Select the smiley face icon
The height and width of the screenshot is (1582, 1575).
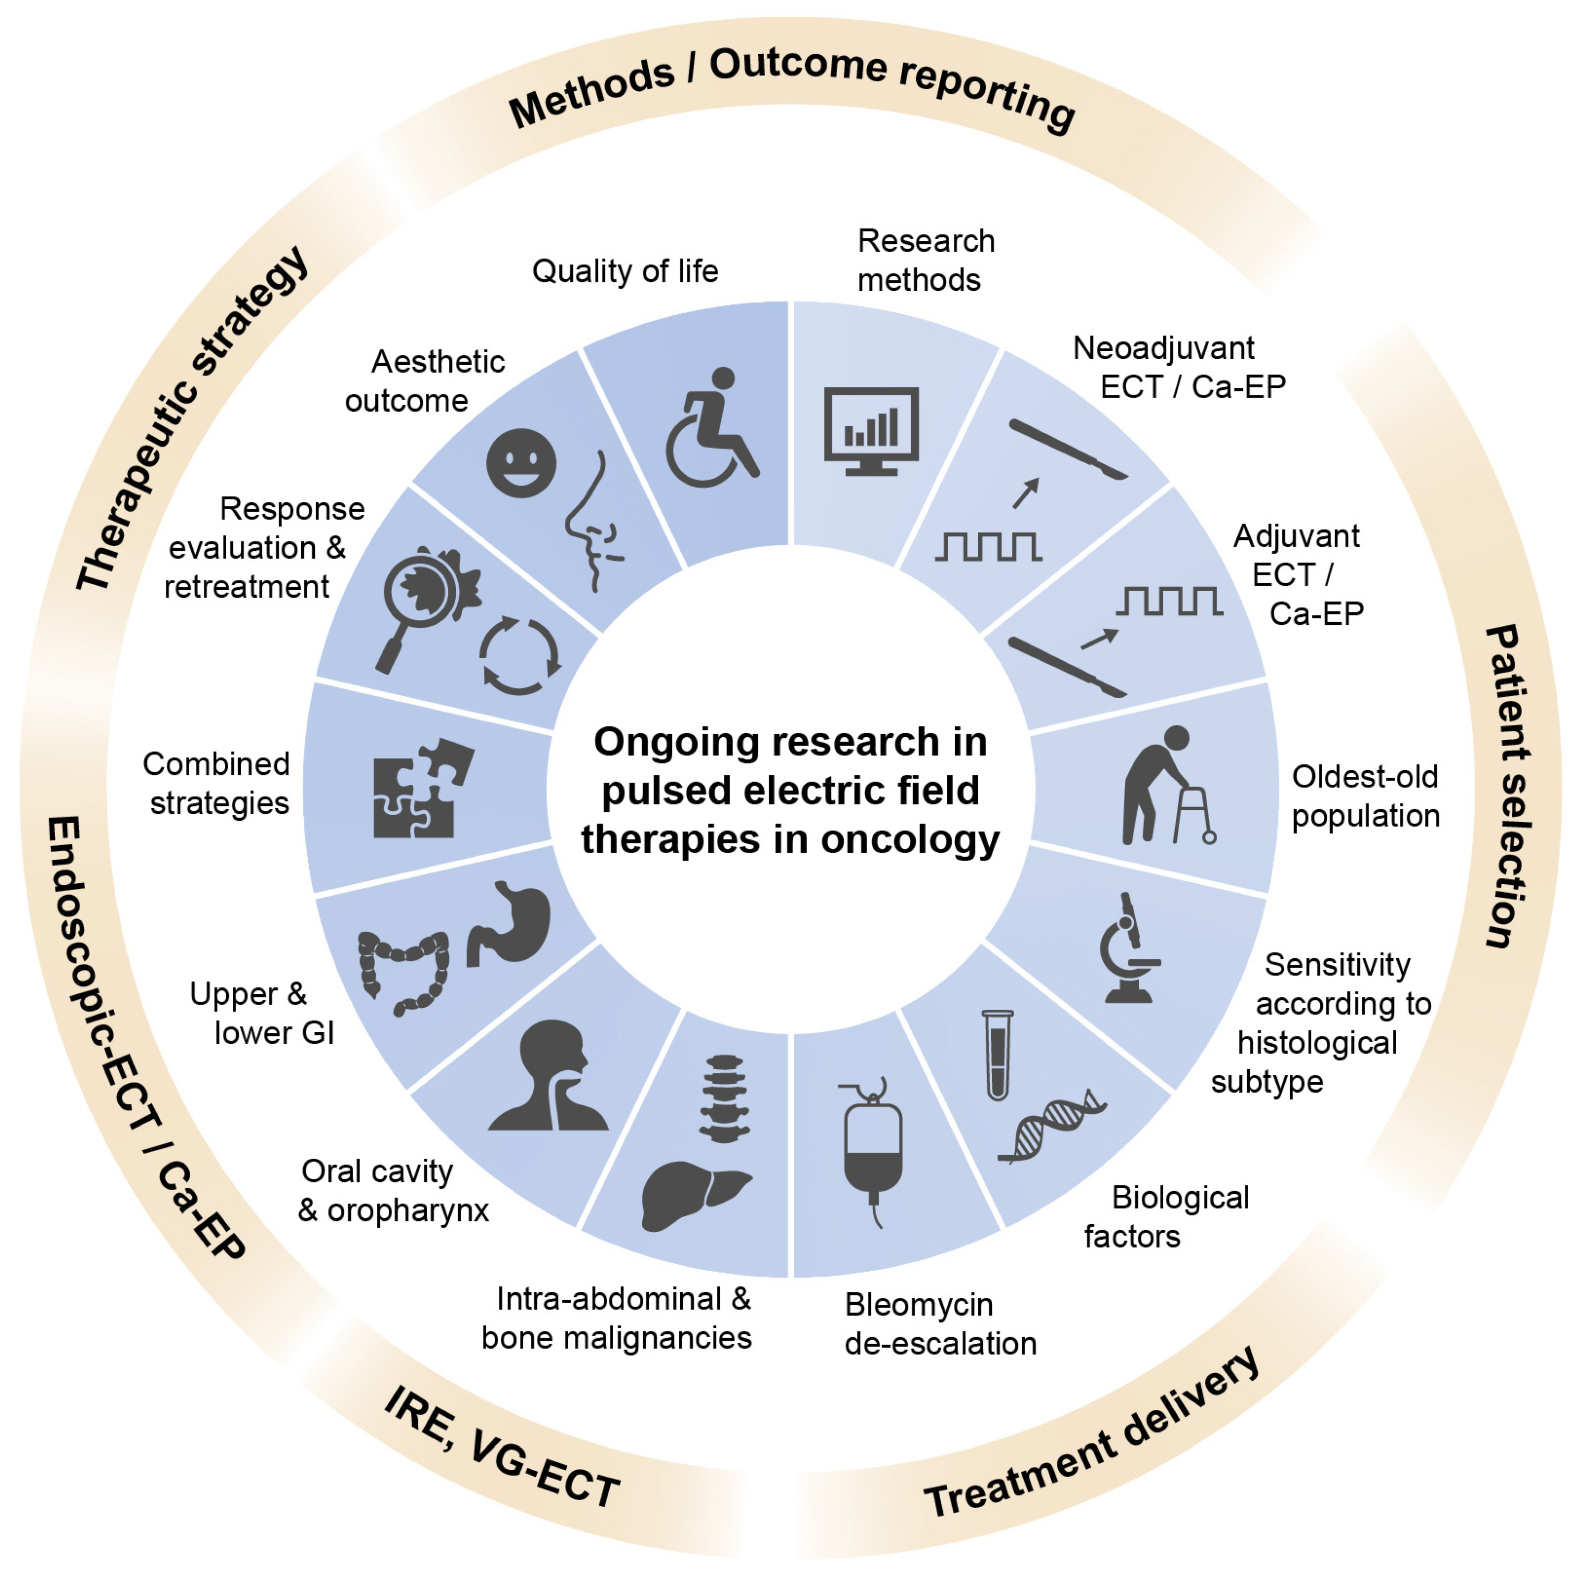click(521, 463)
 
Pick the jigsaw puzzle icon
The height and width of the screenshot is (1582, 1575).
click(421, 789)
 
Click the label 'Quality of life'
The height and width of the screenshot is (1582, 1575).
click(625, 271)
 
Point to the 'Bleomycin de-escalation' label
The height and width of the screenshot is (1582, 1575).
click(940, 1324)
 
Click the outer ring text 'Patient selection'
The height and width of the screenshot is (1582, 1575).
click(1507, 786)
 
